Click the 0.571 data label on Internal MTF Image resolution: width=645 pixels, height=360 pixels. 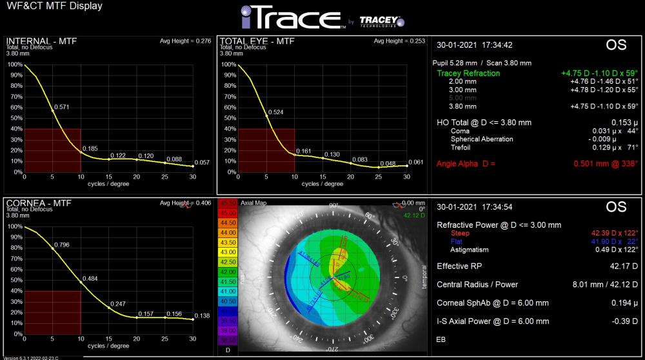(63, 107)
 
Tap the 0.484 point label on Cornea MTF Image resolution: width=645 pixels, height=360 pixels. (90, 278)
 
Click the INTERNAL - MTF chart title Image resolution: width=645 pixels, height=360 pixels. (41, 41)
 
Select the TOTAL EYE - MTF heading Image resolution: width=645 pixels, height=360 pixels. (257, 41)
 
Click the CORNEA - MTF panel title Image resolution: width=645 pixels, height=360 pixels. (39, 203)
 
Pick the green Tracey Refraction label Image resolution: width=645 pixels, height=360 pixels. (468, 74)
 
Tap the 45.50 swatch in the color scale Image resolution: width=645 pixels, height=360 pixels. (228, 204)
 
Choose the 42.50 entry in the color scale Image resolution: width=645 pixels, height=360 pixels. (228, 262)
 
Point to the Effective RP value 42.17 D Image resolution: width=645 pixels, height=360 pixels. (620, 266)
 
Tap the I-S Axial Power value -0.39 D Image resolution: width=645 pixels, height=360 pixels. (623, 321)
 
